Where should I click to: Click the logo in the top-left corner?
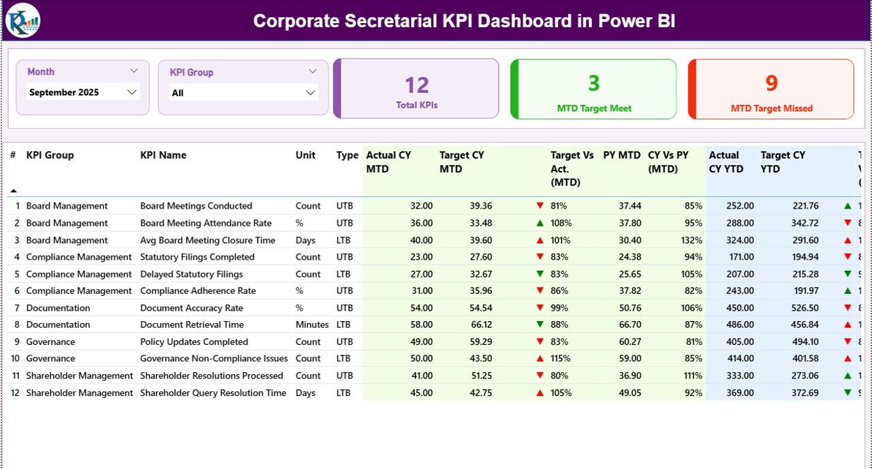click(22, 20)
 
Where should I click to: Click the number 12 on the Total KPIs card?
click(417, 85)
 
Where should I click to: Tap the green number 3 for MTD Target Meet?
click(594, 83)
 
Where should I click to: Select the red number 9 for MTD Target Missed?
click(771, 83)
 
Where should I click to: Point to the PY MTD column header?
click(621, 155)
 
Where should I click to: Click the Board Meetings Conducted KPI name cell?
click(196, 206)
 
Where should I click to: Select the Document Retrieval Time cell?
click(192, 324)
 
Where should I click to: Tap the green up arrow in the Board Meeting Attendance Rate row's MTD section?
click(540, 223)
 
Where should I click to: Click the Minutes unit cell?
click(312, 324)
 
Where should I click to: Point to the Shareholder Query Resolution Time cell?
click(213, 393)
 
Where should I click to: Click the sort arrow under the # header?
click(13, 191)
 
